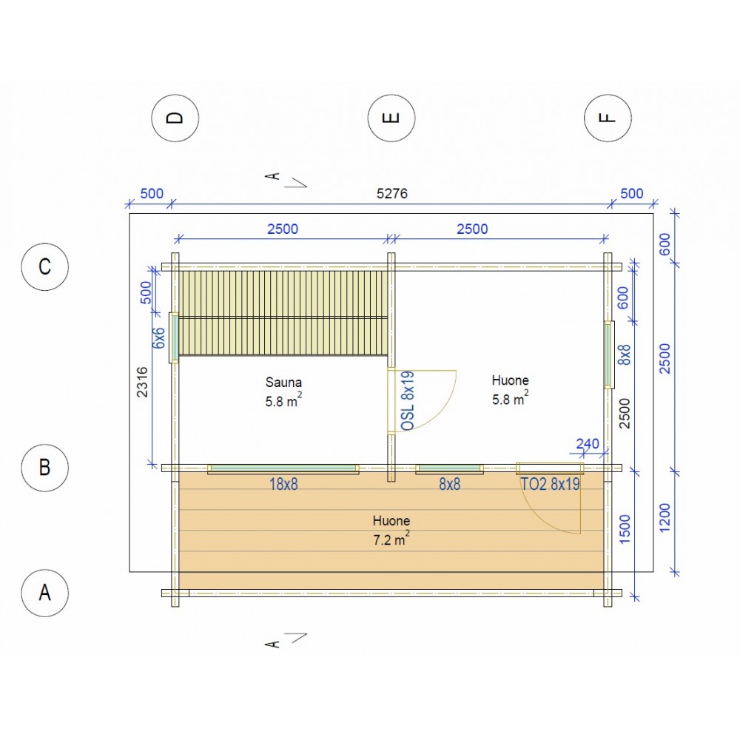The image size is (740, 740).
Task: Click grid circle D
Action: click(x=175, y=118)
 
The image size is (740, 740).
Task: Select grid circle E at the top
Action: click(x=391, y=118)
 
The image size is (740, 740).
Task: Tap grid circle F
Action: click(x=608, y=118)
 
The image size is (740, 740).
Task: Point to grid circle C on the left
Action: click(x=45, y=266)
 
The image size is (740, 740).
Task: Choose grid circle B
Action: click(x=45, y=468)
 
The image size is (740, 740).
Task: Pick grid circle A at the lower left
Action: click(x=45, y=593)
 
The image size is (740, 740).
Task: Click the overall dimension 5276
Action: click(x=391, y=193)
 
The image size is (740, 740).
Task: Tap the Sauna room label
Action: click(x=283, y=382)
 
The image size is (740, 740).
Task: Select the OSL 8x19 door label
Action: click(x=407, y=400)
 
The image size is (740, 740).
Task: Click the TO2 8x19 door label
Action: click(x=550, y=484)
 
